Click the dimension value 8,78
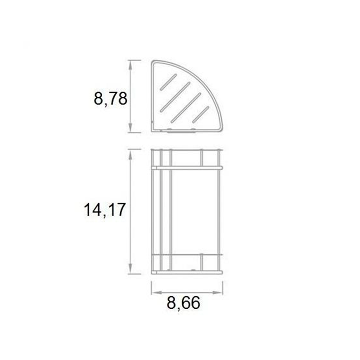pyautogui.click(x=111, y=98)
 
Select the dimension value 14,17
pyautogui.click(x=104, y=210)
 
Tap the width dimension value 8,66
pyautogui.click(x=183, y=303)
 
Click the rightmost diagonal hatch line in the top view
pyautogui.click(x=201, y=114)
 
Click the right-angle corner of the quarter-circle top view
pyautogui.click(x=153, y=130)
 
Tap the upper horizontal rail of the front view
pyautogui.click(x=187, y=167)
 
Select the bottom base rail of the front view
pyautogui.click(x=187, y=272)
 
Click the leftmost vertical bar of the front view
pyautogui.click(x=153, y=211)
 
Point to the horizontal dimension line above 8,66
pyautogui.click(x=187, y=293)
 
